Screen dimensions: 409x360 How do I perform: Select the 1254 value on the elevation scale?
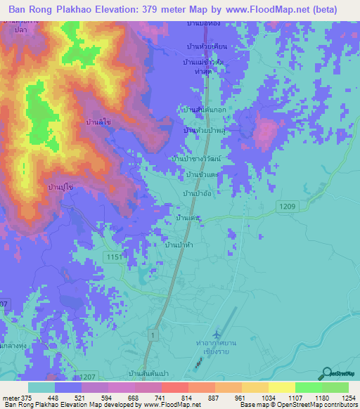pyautogui.click(x=349, y=398)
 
